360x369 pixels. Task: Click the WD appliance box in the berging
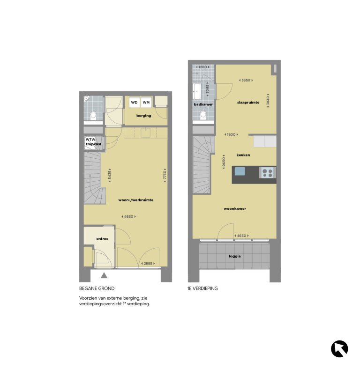[134, 102]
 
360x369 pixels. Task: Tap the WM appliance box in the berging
[146, 102]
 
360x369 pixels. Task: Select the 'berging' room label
[143, 116]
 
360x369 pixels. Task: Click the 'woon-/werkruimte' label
[136, 200]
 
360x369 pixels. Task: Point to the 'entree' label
[102, 239]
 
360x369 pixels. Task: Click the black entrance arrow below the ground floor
[104, 276]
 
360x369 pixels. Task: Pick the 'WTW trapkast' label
[93, 141]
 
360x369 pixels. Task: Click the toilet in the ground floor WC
[93, 114]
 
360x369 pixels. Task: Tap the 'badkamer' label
[203, 104]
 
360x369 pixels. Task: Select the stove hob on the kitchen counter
[268, 172]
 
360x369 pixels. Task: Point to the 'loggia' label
[235, 256]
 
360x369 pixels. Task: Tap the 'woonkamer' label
[235, 209]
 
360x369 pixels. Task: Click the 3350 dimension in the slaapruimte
[246, 80]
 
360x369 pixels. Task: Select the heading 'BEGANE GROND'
[97, 288]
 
